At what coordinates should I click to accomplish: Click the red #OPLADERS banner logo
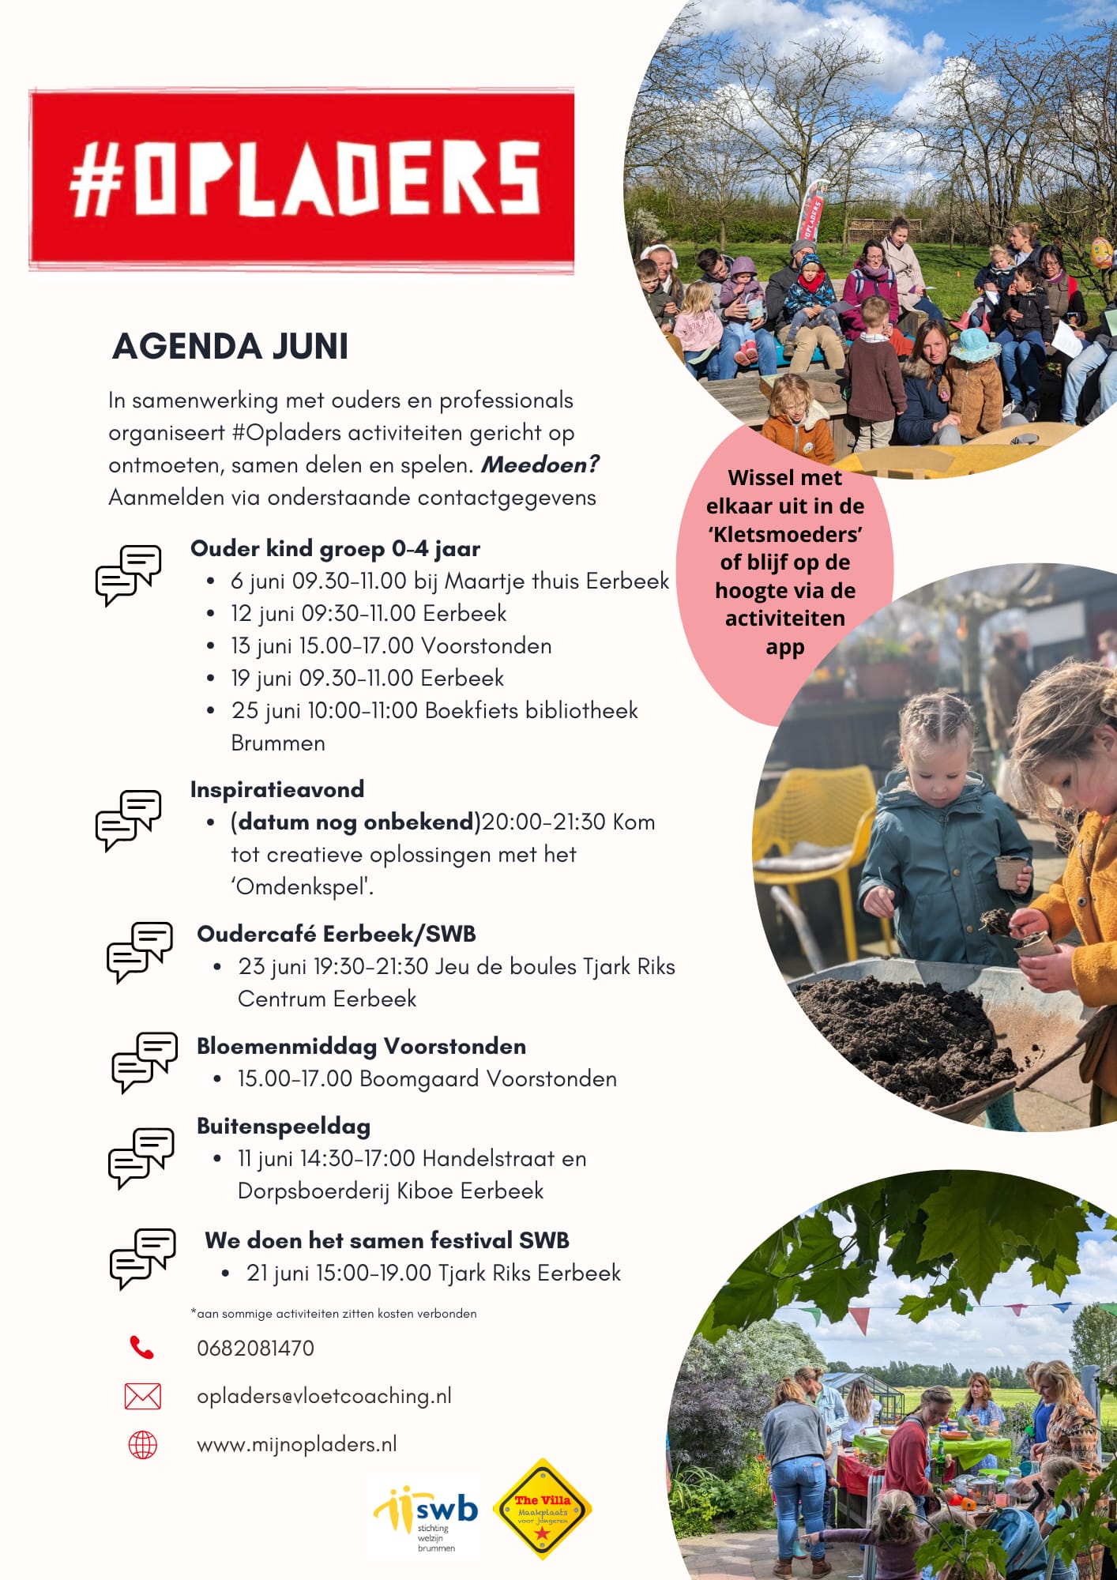[x=302, y=181]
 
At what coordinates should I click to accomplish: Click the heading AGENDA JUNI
[x=230, y=347]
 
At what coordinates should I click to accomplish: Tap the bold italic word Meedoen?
[x=540, y=465]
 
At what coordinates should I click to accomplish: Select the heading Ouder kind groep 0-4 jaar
[x=335, y=548]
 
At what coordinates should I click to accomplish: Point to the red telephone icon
[x=141, y=1348]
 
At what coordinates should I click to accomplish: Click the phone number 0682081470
[x=255, y=1348]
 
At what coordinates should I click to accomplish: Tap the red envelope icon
[x=142, y=1396]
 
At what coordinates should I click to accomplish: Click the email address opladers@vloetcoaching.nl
[x=324, y=1396]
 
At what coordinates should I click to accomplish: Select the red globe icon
[x=142, y=1445]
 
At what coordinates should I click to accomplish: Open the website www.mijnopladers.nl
[x=296, y=1444]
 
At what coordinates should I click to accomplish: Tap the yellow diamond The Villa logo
[x=543, y=1510]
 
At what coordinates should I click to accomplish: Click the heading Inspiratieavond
[x=277, y=789]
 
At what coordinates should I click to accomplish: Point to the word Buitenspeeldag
[x=284, y=1126]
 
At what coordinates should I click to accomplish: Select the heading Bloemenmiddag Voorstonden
[x=361, y=1046]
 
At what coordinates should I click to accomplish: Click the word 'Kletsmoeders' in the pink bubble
[x=784, y=534]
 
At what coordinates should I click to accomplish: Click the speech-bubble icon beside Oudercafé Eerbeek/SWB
[x=140, y=951]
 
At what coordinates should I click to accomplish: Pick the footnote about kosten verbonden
[x=333, y=1313]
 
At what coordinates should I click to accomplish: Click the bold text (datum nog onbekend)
[x=355, y=822]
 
